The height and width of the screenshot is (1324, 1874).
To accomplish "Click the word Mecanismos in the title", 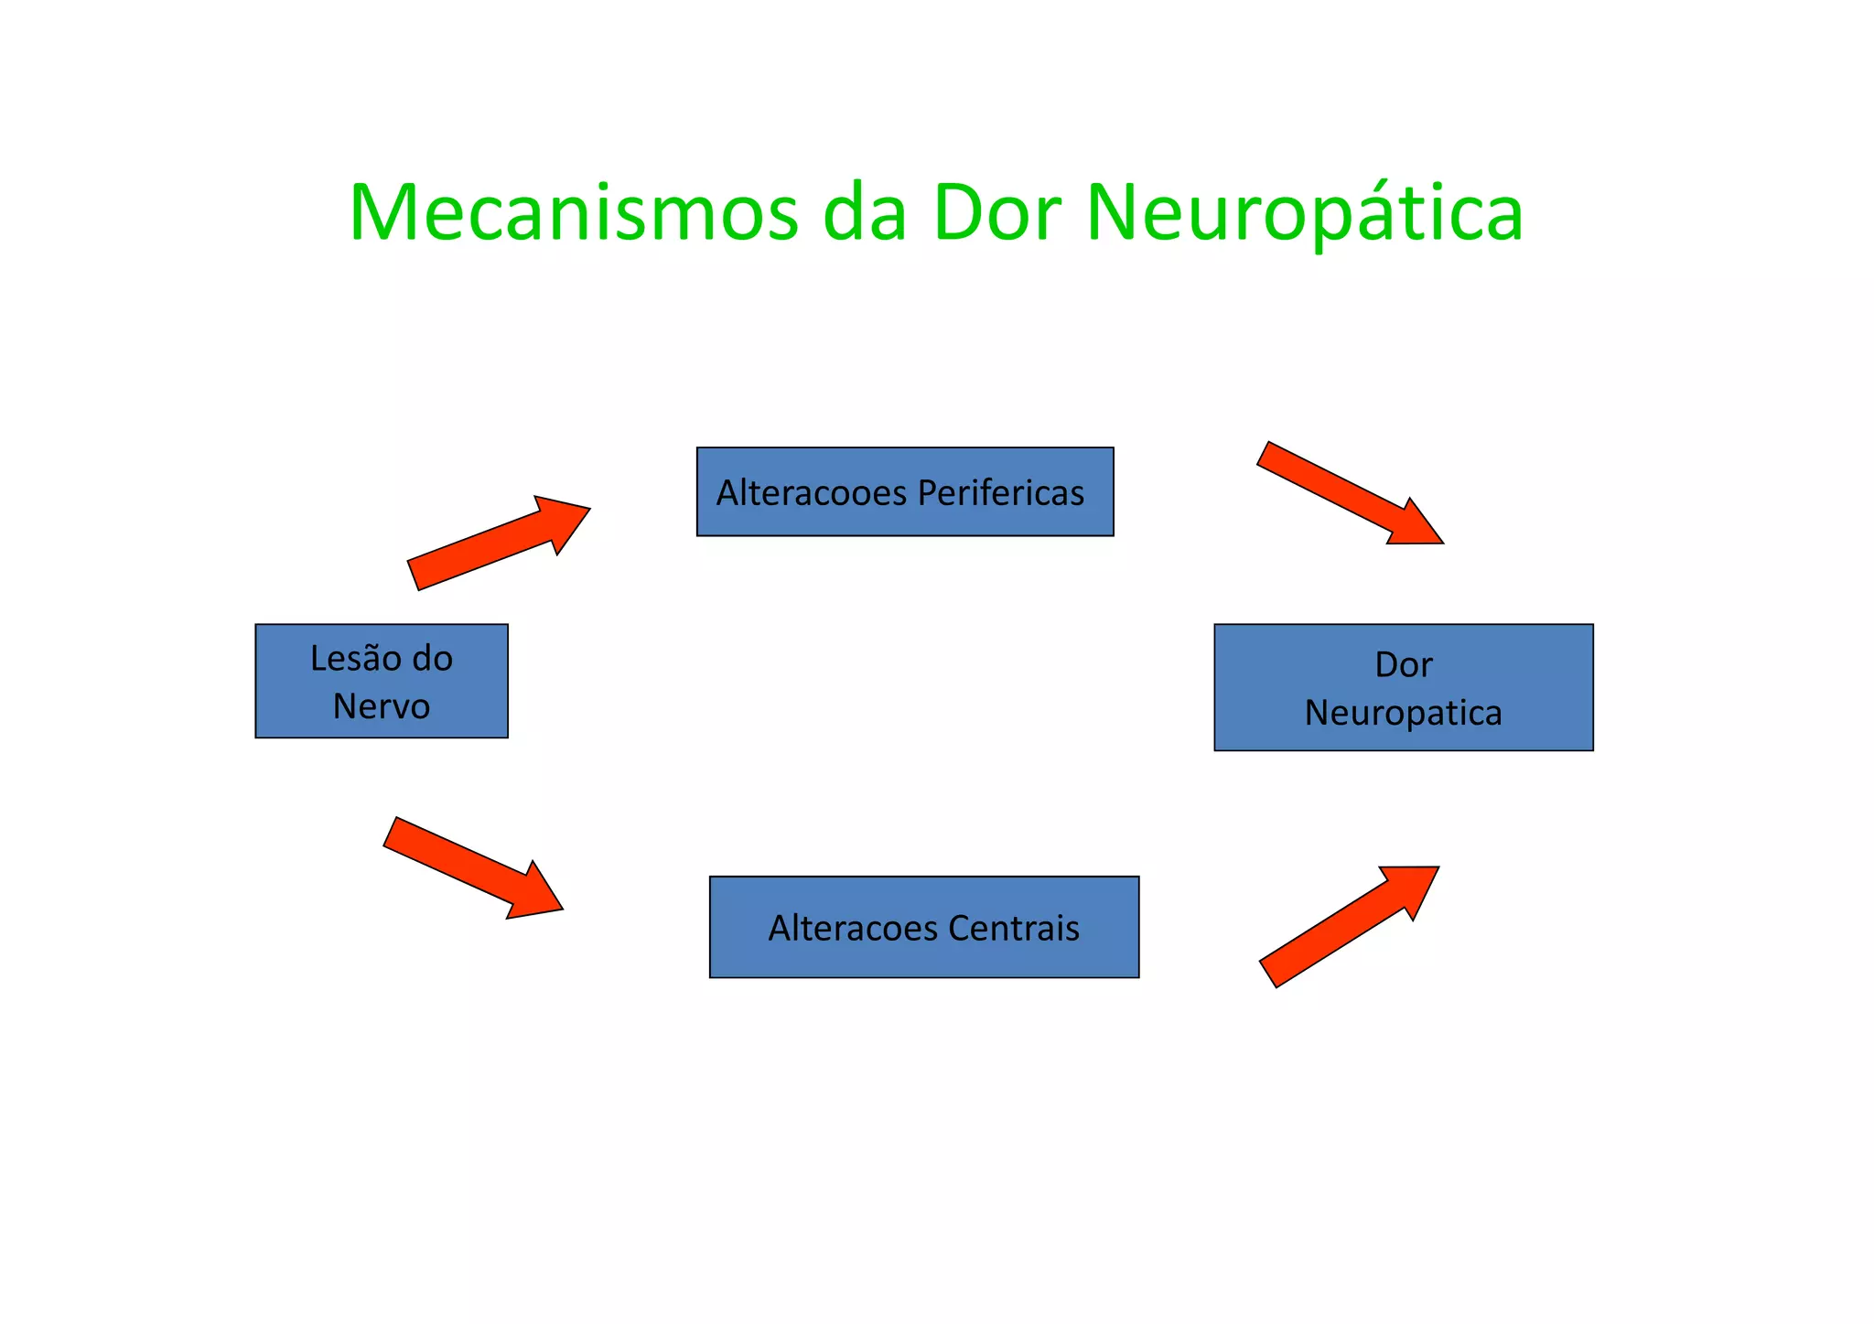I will pos(573,213).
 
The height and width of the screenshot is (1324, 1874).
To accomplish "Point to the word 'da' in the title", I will pos(864,213).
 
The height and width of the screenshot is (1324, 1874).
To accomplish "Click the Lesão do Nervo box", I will pos(381,681).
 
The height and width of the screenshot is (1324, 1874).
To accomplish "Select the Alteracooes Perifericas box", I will pos(904,491).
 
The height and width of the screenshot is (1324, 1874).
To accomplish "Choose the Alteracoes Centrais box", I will pos(923,927).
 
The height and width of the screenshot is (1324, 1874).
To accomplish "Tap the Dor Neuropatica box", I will pos(1403,687).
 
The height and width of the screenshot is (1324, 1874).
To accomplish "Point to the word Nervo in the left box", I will pos(381,706).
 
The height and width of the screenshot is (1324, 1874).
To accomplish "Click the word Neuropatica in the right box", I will pos(1403,713).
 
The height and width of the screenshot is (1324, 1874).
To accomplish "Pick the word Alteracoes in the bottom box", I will pos(853,929).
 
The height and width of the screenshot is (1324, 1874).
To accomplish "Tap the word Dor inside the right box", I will pos(1403,665).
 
